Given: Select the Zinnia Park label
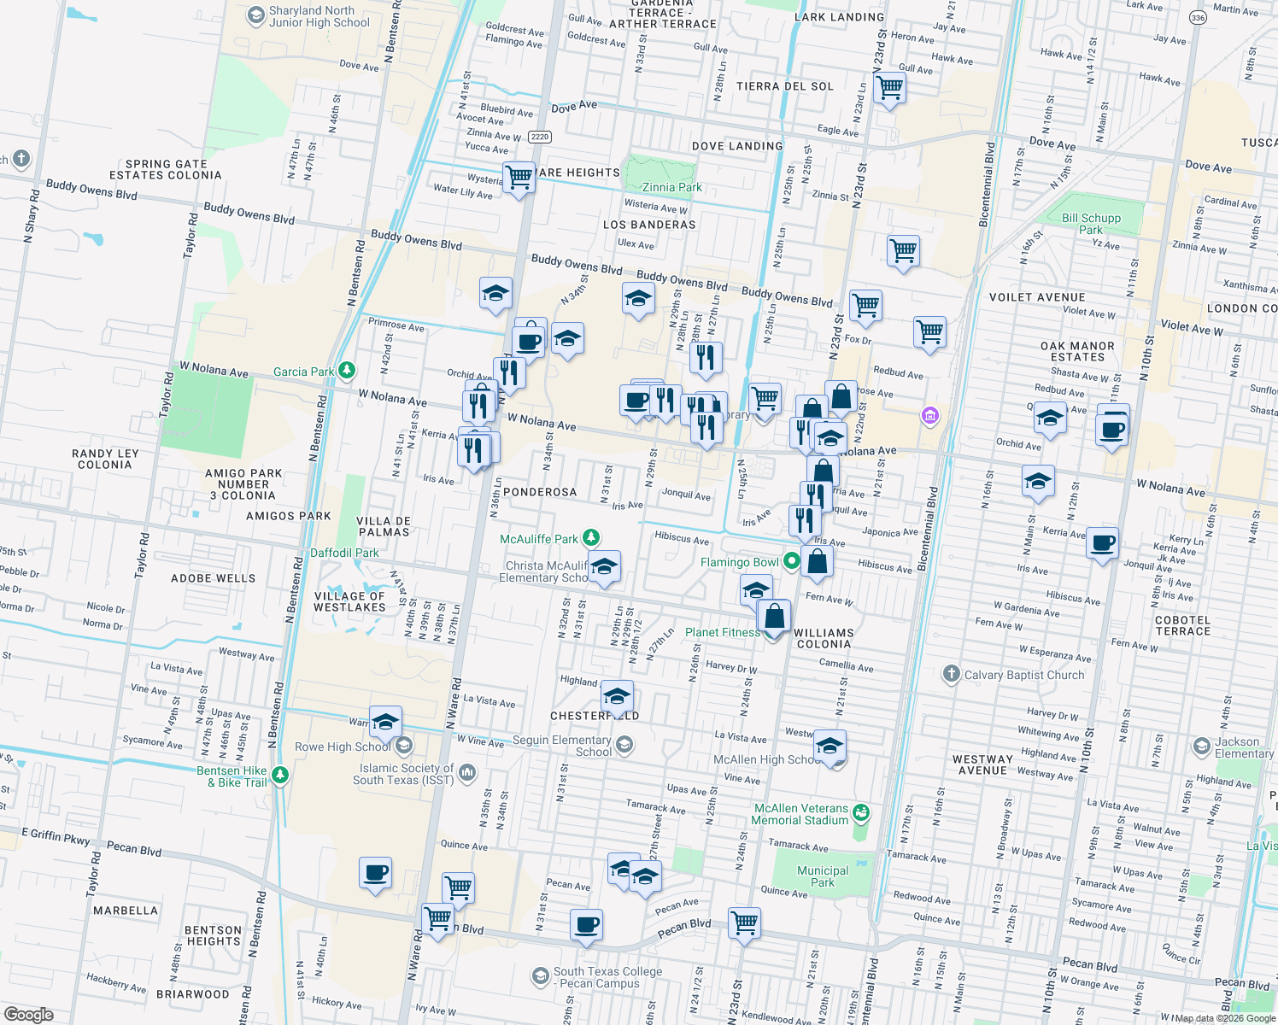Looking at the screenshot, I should [671, 187].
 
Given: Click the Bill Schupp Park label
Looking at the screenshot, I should [1091, 224].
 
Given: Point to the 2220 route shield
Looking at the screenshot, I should [539, 137].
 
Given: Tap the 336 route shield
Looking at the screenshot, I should [1199, 18].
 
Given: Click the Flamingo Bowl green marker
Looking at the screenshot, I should [792, 561].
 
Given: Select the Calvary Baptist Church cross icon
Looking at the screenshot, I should [951, 674].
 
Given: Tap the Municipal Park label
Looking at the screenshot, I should [823, 876].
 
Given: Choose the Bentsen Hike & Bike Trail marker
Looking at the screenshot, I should [280, 776].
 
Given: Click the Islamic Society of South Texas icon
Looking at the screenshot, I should [466, 773].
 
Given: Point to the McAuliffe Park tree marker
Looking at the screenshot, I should [590, 538].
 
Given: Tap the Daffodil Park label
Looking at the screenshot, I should [344, 553].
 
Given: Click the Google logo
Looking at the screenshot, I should [29, 1014].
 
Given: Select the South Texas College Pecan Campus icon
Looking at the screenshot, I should [540, 975].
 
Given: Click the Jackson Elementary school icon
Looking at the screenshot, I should [1202, 746].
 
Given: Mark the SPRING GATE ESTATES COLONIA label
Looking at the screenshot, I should [166, 169].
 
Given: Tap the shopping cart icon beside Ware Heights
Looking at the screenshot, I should [519, 178].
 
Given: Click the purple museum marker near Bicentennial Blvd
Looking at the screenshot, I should [929, 416].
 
